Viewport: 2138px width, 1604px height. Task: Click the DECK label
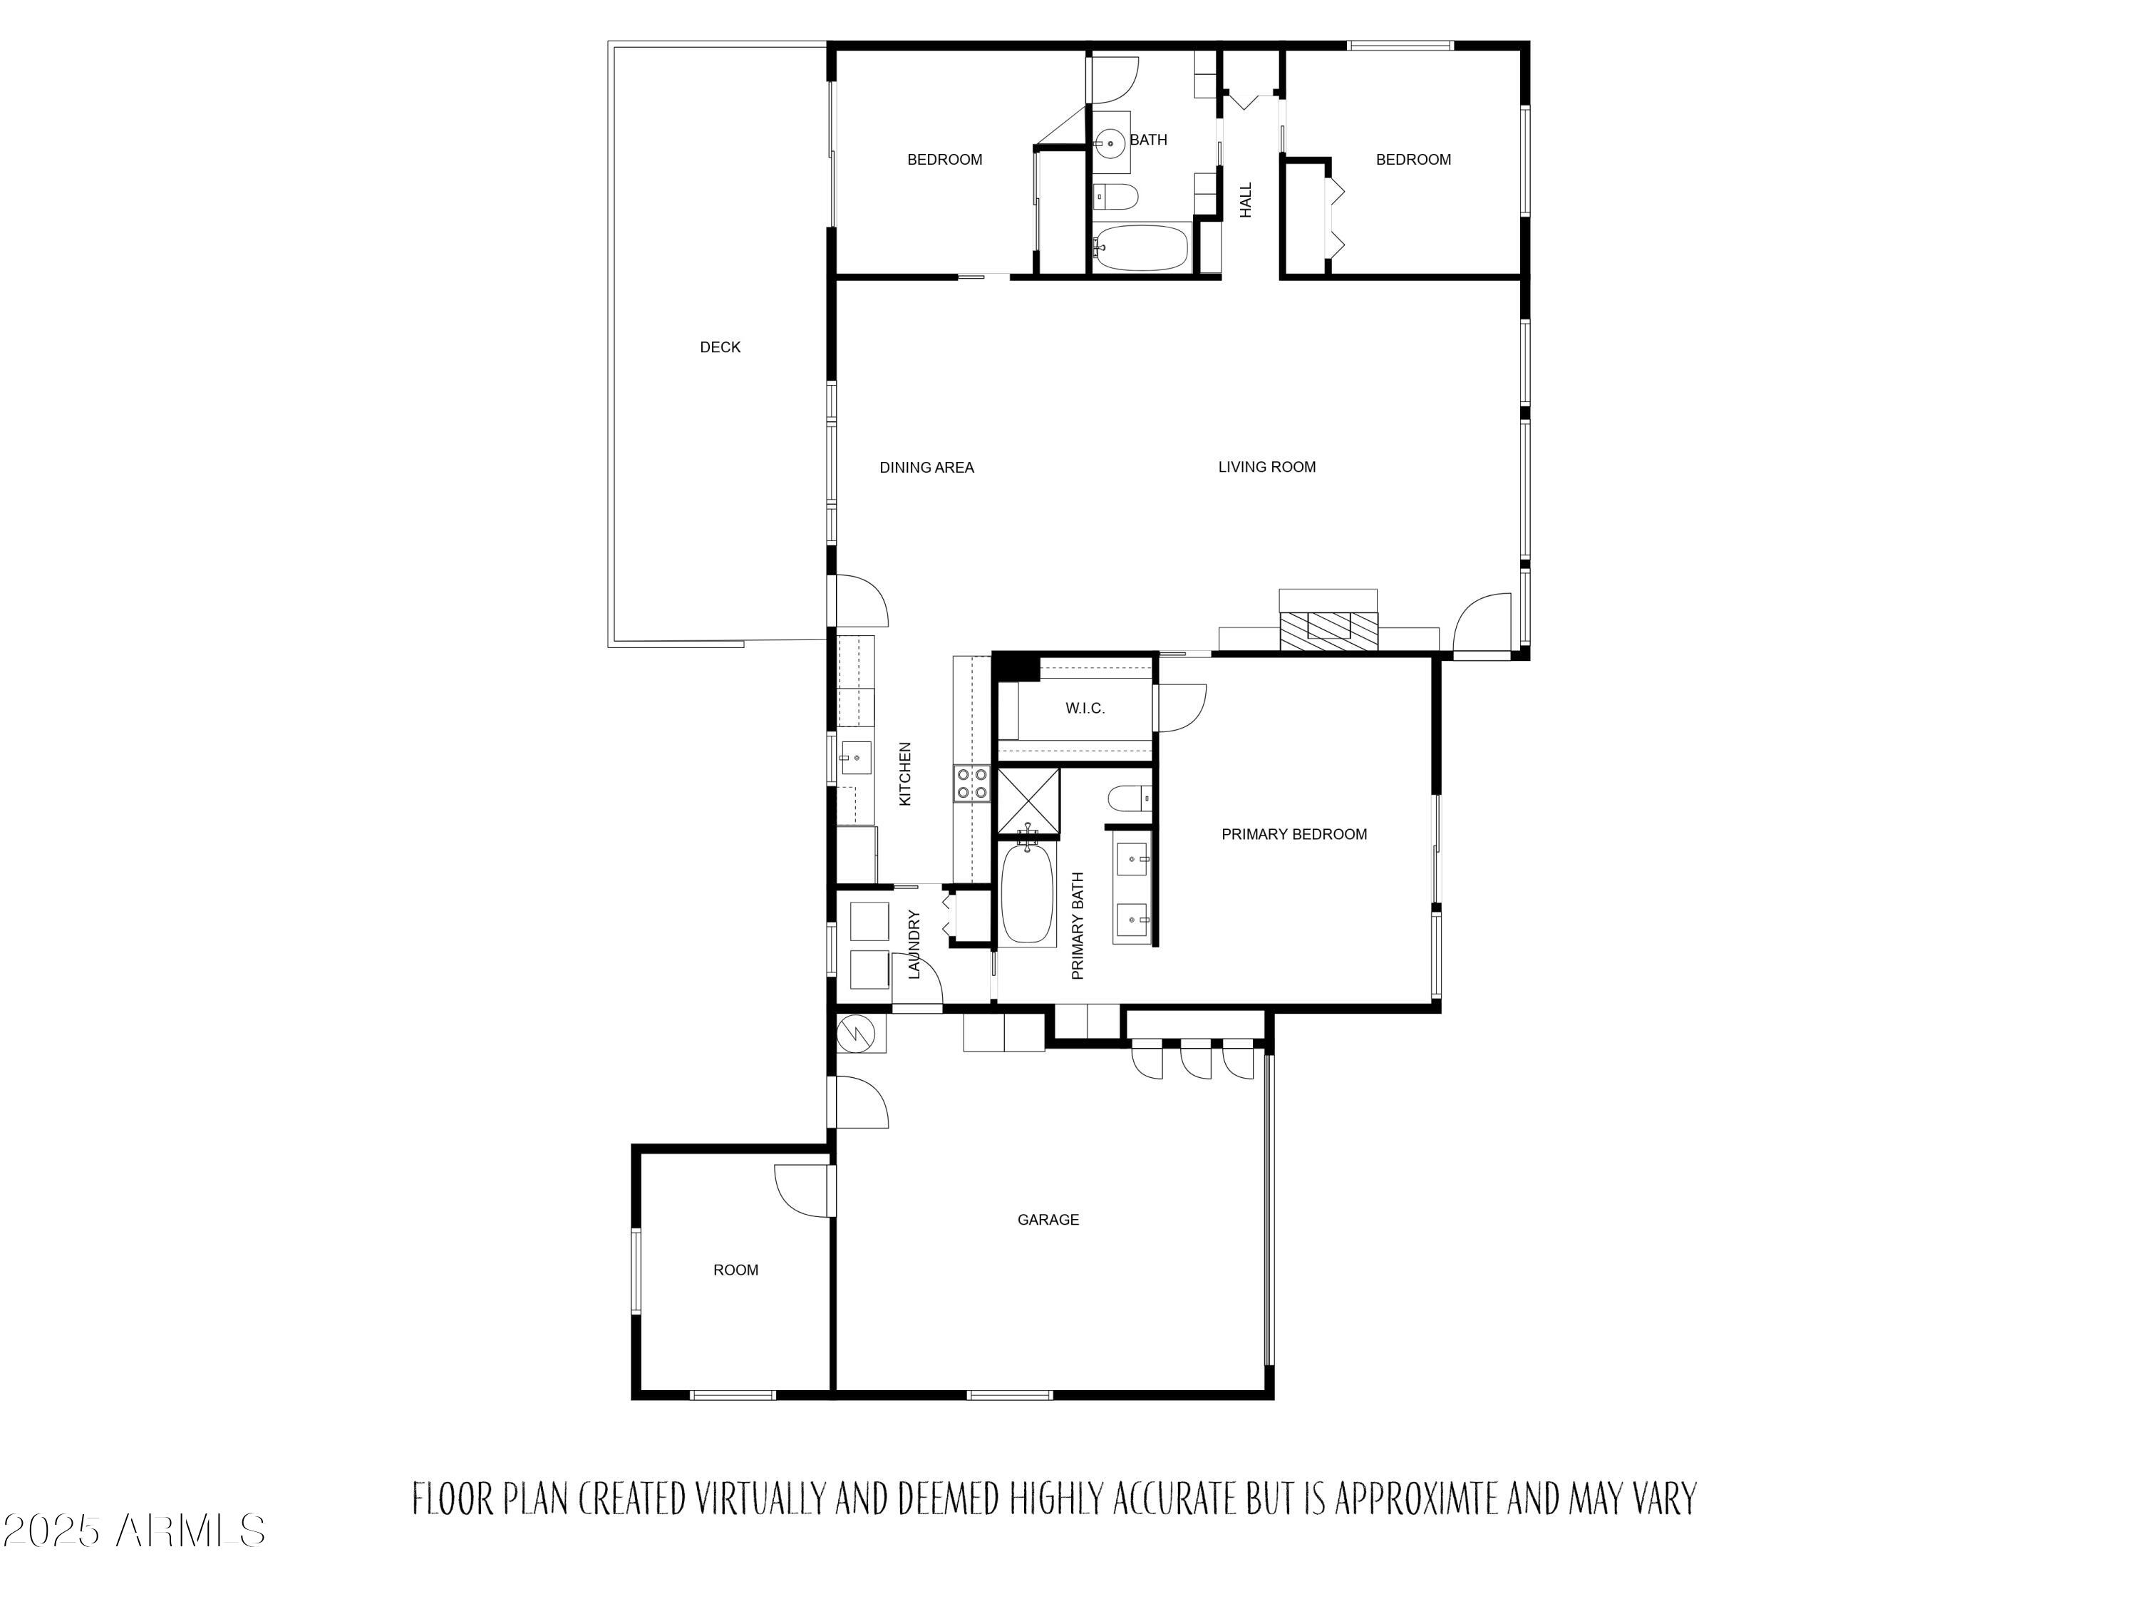[720, 347]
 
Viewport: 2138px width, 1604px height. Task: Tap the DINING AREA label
[926, 468]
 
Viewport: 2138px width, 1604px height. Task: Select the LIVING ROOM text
[1266, 467]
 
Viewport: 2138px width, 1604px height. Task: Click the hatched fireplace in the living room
[1328, 630]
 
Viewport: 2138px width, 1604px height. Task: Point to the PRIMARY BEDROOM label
[1293, 834]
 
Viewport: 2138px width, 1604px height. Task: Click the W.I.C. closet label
[1085, 709]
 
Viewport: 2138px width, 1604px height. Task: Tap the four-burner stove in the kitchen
[971, 783]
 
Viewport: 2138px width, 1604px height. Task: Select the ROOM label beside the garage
[735, 1270]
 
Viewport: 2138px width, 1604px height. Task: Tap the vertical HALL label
[1246, 200]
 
